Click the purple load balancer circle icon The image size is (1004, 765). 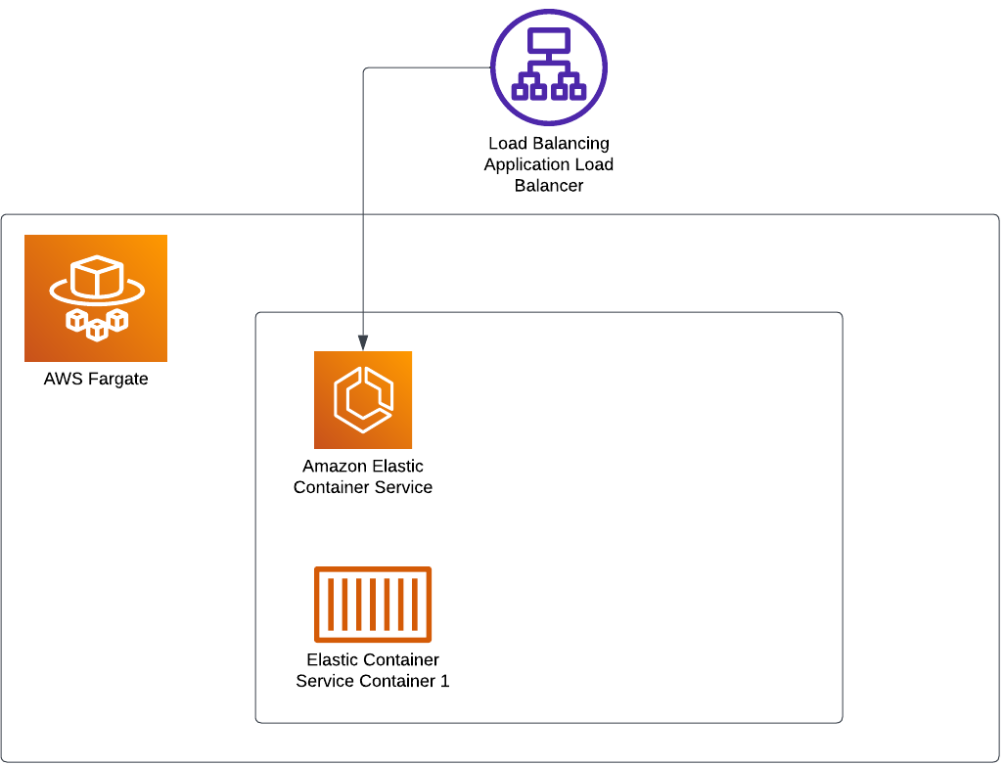coord(549,67)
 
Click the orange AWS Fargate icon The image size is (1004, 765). coord(96,298)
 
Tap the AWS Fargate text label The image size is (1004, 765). coord(96,380)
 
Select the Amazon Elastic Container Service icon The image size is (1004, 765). coord(363,400)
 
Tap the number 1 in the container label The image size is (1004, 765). coord(444,681)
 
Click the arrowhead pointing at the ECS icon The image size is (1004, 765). coord(363,342)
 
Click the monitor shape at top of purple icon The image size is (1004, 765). coord(549,41)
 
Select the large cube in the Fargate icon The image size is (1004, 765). coord(98,278)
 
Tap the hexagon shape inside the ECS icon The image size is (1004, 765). coord(363,400)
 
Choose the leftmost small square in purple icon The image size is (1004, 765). coord(521,92)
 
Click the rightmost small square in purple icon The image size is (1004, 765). coord(577,92)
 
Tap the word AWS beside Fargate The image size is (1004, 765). coord(61,380)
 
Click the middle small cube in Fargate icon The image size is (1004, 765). coord(97,330)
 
